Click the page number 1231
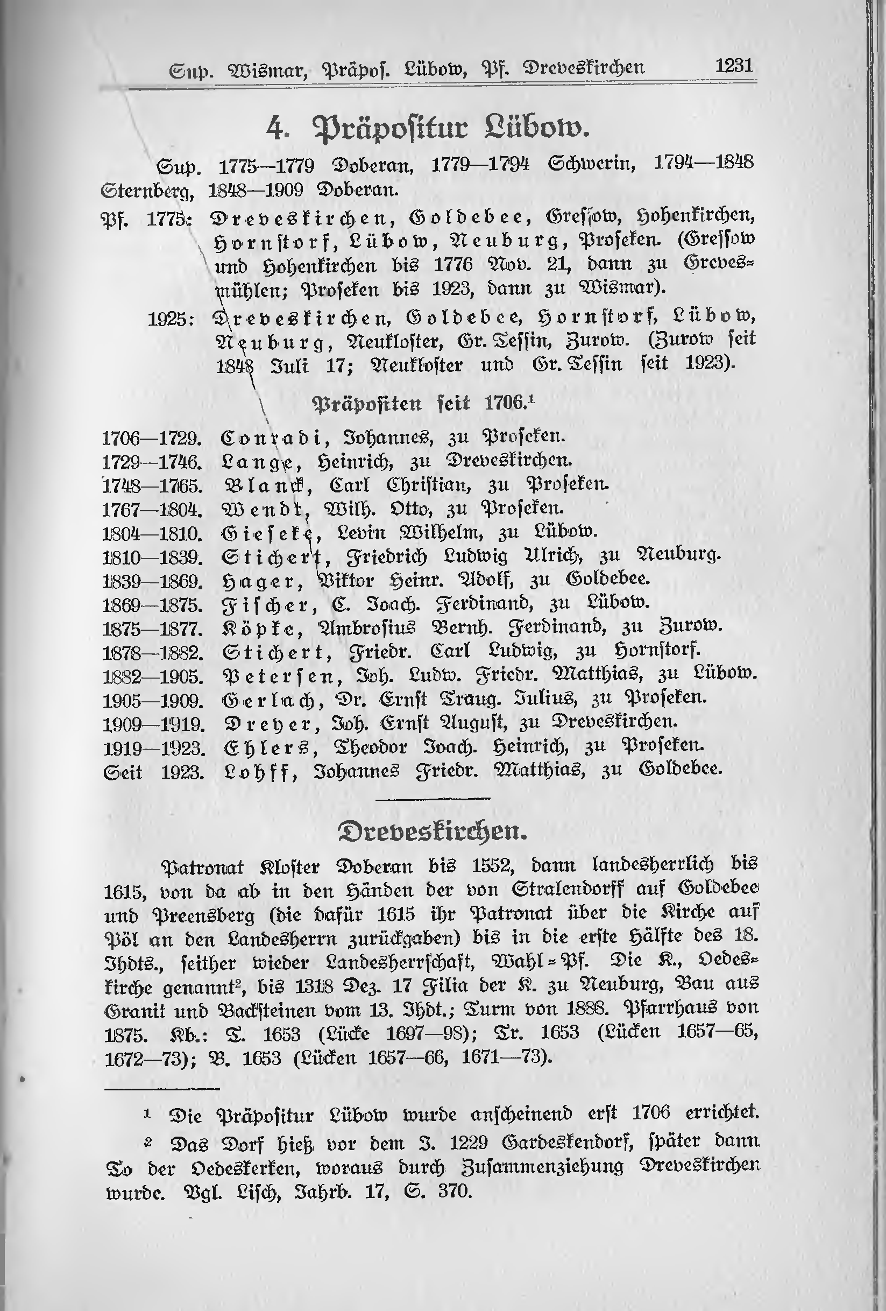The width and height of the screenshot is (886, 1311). click(734, 67)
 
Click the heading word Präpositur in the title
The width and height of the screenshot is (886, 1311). click(389, 129)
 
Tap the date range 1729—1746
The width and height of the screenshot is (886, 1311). click(152, 462)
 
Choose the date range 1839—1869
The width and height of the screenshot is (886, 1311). click(152, 581)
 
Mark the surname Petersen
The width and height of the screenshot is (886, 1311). click(278, 675)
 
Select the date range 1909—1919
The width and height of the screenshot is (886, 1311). click(152, 723)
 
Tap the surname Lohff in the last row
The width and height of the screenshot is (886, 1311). click(259, 770)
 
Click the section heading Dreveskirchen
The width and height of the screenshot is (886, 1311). click(432, 831)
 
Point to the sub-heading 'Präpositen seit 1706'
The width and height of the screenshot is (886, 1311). click(422, 404)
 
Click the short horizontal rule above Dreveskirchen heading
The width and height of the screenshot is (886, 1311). click(433, 798)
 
